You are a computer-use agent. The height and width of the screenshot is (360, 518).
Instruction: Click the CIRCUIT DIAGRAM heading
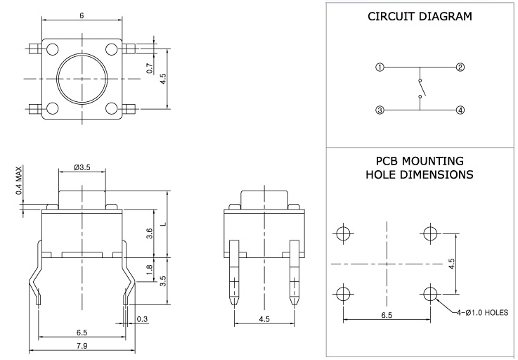click(420, 17)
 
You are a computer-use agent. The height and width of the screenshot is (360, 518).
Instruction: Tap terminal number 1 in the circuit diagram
click(380, 67)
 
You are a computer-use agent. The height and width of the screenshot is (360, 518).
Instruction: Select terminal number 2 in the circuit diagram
click(460, 67)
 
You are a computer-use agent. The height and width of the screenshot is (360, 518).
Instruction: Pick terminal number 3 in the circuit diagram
click(380, 110)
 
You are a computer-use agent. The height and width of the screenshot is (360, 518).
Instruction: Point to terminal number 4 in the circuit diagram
click(460, 110)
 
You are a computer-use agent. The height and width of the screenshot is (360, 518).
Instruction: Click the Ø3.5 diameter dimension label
click(83, 167)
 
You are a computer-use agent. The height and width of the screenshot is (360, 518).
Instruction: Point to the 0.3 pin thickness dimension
click(143, 320)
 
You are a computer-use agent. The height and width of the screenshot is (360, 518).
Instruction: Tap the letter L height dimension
click(163, 224)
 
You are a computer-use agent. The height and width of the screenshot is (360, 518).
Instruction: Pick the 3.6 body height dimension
click(148, 233)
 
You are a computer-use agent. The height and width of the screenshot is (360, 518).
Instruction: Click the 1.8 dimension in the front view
click(148, 268)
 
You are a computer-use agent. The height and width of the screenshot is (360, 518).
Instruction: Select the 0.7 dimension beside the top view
click(149, 69)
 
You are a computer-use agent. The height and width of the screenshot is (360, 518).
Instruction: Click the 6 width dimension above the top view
click(82, 15)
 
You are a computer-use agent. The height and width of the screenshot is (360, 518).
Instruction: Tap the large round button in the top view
click(82, 78)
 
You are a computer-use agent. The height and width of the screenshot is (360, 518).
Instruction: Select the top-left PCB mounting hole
click(343, 234)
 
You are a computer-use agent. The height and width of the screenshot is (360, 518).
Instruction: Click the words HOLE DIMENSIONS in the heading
click(419, 174)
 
